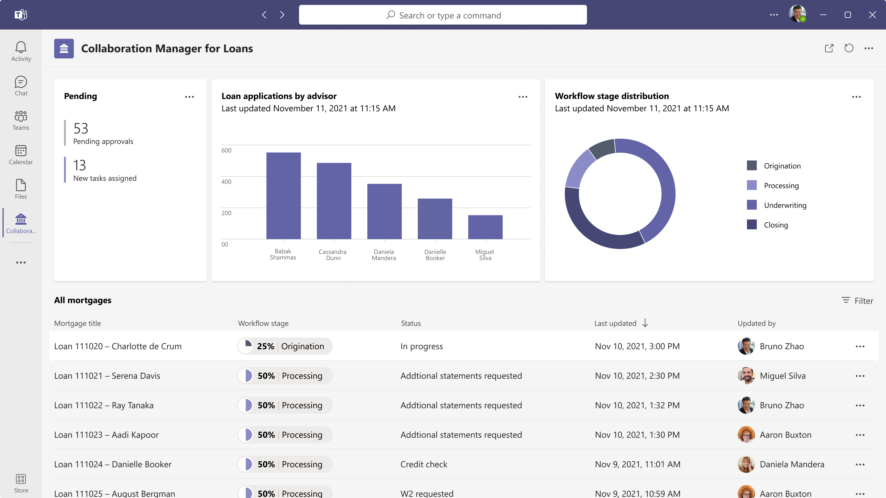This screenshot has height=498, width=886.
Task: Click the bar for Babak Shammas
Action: point(283,196)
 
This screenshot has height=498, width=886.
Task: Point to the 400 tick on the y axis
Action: point(226,181)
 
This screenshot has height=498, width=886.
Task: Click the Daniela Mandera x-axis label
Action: point(384,255)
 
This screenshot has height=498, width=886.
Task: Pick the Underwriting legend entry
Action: point(785,205)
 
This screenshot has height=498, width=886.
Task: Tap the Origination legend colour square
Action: point(752,166)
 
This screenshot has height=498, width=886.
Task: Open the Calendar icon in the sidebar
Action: point(21,151)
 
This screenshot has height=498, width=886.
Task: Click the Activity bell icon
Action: point(21,47)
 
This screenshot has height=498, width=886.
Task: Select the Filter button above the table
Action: point(857,301)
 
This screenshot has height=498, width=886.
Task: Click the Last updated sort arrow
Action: point(645,323)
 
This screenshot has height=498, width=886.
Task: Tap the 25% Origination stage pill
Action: point(285,346)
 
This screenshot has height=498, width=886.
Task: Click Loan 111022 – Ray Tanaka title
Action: point(104,405)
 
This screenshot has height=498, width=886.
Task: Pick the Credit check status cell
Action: point(424,464)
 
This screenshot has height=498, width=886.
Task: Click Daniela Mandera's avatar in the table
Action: point(746,464)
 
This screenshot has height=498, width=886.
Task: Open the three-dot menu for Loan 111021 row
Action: point(860,376)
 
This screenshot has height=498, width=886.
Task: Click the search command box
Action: point(443,15)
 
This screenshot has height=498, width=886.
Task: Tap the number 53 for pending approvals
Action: point(81,128)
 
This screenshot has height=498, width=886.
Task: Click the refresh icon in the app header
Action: point(849,49)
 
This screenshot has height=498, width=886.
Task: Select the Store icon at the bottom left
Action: point(21,479)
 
